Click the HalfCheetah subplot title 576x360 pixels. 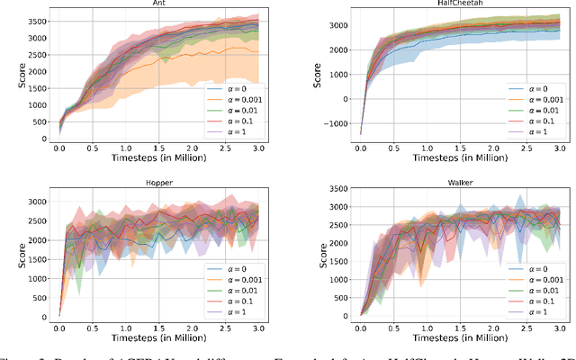pyautogui.click(x=446, y=4)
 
